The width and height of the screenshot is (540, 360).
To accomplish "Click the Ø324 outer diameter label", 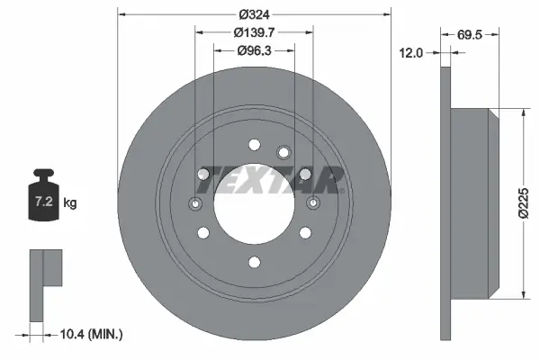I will point(256,13).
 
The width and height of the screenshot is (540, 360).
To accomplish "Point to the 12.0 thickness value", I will point(410,53).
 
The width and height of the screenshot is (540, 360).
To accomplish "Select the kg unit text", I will point(70,203).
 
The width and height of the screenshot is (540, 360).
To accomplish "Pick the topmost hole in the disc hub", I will point(255,143).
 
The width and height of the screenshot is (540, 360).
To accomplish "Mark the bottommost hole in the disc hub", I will point(255,262).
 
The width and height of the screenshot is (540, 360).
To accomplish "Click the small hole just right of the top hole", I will point(283,151).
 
